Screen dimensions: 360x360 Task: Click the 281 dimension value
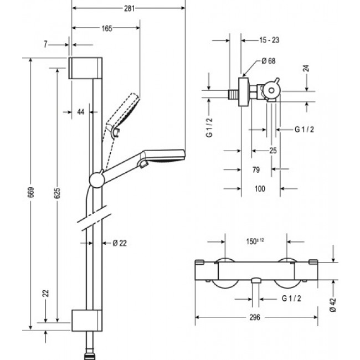tap(129, 8)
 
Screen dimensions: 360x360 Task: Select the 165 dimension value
tap(107, 28)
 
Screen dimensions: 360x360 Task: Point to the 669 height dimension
tap(31, 192)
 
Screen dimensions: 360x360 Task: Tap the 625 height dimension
tap(58, 193)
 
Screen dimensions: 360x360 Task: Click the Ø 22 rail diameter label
tap(120, 243)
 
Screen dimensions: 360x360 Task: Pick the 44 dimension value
tap(81, 112)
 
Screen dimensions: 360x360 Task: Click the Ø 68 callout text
tap(269, 61)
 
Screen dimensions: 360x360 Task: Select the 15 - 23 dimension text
tap(269, 40)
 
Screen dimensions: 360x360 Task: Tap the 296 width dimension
tap(255, 317)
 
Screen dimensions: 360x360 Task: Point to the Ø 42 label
tap(332, 305)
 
